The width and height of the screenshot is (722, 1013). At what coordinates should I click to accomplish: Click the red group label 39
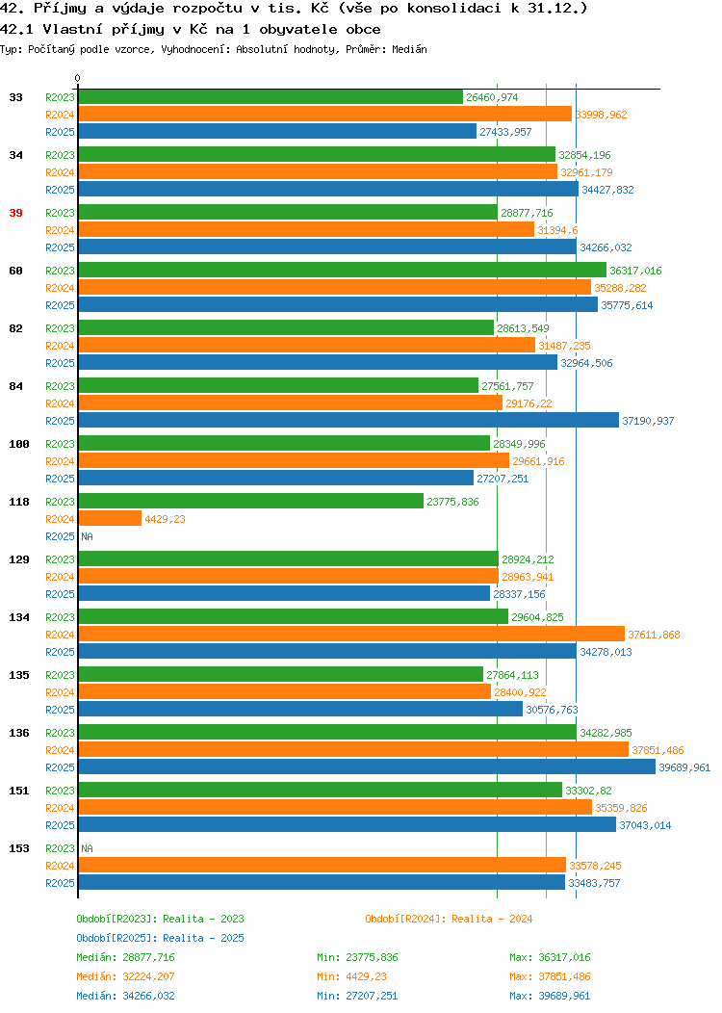[15, 213]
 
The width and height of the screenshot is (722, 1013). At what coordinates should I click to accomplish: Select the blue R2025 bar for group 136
[367, 766]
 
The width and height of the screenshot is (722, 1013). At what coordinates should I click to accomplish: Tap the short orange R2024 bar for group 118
[110, 518]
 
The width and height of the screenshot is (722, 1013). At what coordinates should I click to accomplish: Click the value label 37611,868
[654, 635]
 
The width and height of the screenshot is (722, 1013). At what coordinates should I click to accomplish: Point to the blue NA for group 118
[88, 536]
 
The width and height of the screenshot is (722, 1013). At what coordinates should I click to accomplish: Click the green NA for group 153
[88, 848]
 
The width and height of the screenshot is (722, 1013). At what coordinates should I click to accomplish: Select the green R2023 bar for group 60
[343, 270]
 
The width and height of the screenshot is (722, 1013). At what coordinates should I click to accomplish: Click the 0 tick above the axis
[78, 79]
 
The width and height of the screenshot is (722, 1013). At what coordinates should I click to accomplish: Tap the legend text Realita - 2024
[492, 919]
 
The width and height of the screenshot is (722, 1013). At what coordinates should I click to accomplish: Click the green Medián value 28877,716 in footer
[148, 957]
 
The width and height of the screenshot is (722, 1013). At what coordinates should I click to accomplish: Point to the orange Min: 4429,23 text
[351, 976]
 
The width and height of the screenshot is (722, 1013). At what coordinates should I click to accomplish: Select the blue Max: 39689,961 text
[550, 997]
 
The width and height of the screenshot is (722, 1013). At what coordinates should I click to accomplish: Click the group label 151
[18, 791]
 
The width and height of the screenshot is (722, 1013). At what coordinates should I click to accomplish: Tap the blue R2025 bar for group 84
[348, 420]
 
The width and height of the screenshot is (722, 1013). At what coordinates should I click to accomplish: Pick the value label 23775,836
[452, 502]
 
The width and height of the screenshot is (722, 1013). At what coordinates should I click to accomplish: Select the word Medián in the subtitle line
[409, 49]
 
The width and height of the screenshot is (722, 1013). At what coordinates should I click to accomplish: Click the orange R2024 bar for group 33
[324, 114]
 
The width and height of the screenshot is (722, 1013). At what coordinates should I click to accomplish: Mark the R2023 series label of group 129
[60, 559]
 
